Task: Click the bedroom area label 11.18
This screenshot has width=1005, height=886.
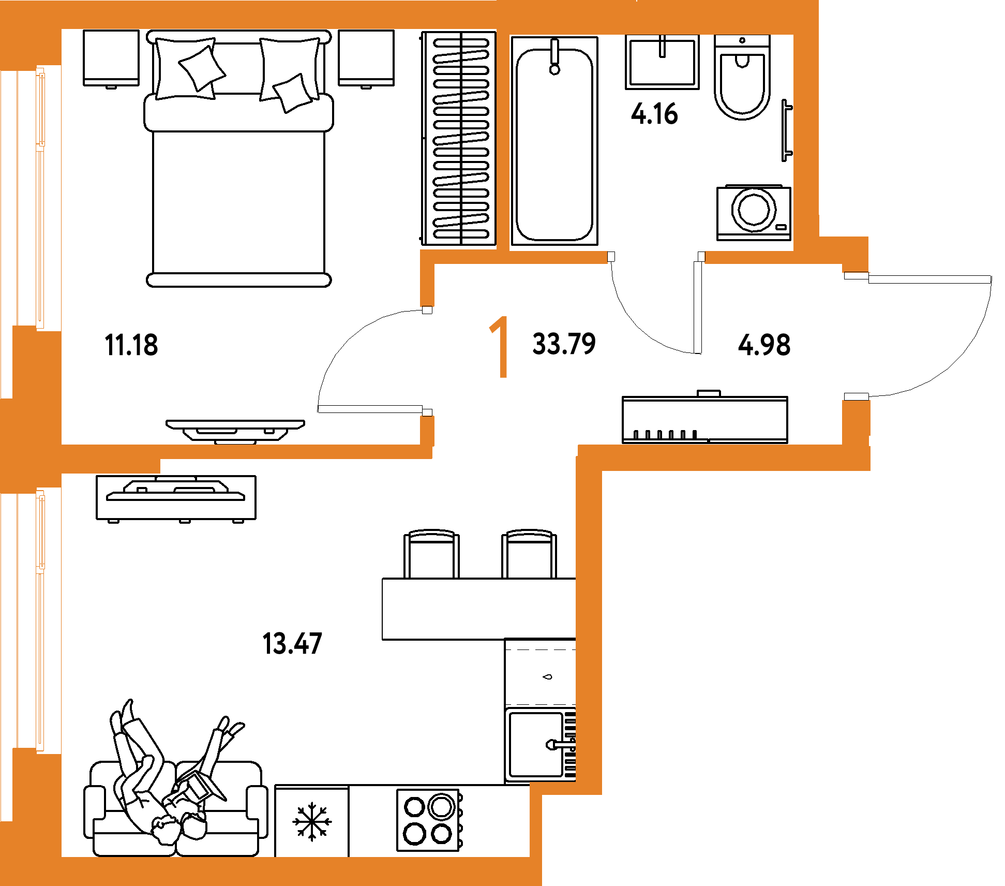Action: click(x=131, y=345)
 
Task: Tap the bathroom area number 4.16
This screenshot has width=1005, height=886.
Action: click(x=654, y=114)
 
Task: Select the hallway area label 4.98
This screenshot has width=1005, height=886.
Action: click(x=764, y=345)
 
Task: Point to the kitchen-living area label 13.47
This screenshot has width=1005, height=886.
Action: click(x=292, y=644)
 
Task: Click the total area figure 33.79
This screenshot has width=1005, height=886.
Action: click(x=564, y=344)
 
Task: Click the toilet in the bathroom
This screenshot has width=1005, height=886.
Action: click(x=742, y=77)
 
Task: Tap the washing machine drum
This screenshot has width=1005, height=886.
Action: click(x=754, y=209)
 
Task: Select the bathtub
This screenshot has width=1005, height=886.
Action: click(x=554, y=141)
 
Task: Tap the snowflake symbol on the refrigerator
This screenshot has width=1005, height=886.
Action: click(x=312, y=821)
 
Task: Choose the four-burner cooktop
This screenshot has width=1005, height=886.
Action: click(x=429, y=820)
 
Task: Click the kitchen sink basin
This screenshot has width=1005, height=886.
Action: click(x=536, y=744)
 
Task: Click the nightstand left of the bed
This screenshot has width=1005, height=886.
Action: click(x=111, y=58)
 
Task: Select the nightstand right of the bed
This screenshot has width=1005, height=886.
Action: click(x=366, y=58)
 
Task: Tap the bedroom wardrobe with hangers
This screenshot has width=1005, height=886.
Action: click(x=459, y=138)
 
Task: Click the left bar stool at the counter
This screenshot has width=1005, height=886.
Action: click(x=431, y=554)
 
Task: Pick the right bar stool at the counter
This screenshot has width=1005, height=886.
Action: click(x=529, y=554)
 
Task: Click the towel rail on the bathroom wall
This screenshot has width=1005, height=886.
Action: click(x=786, y=130)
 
